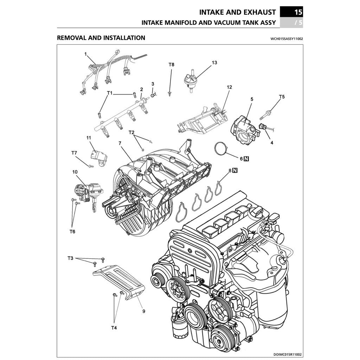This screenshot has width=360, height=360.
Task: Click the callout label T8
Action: (x=171, y=65)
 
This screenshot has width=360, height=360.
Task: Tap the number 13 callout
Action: (x=214, y=63)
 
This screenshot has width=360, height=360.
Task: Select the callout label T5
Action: (x=282, y=97)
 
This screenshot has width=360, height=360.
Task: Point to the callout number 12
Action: (x=229, y=87)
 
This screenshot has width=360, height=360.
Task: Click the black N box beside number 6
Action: (x=246, y=159)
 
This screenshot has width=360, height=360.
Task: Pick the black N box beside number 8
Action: (x=235, y=171)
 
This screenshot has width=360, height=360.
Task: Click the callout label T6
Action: (x=72, y=231)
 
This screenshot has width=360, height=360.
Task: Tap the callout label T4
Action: (x=114, y=328)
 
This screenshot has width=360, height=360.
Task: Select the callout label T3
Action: (x=70, y=258)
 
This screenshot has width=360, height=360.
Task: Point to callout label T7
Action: (x=74, y=153)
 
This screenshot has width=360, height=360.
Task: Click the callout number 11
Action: (x=89, y=137)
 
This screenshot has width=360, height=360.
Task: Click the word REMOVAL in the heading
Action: (x=72, y=38)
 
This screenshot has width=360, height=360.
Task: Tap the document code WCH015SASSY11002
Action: (x=286, y=39)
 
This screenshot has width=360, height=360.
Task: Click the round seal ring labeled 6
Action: (x=221, y=149)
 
